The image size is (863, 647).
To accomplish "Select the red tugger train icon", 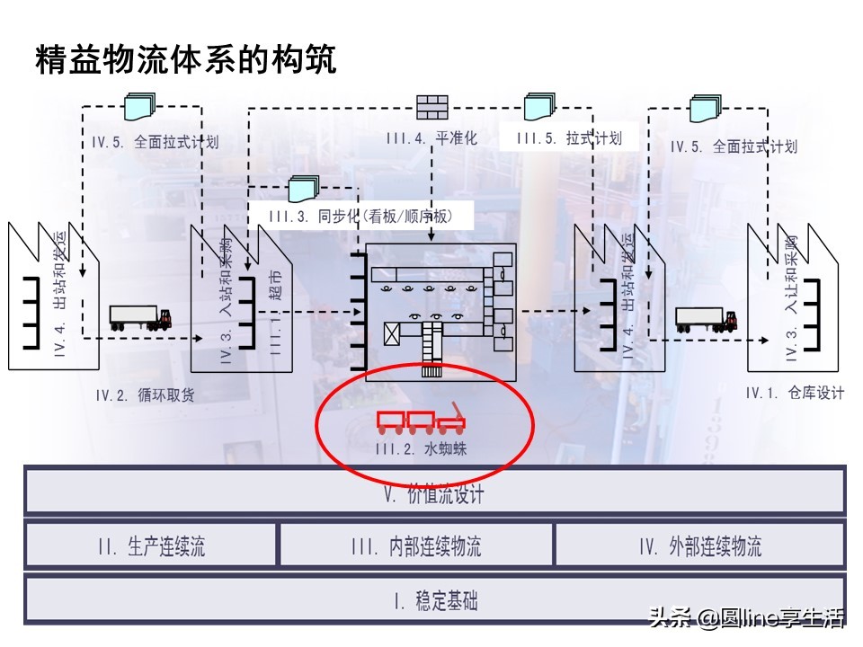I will coord(421,417).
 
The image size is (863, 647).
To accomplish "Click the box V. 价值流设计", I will coord(434,493).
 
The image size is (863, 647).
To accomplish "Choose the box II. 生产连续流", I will coord(151,545).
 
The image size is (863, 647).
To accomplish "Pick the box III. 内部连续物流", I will coord(416,545).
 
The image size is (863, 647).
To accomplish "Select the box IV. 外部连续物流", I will coord(700,545).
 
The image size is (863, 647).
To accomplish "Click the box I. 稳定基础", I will coord(434,600).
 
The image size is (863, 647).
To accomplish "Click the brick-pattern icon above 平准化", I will coord(432,107).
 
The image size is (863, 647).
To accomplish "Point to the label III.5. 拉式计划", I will coord(570,138).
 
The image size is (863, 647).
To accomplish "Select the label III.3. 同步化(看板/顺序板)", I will coord(360,217).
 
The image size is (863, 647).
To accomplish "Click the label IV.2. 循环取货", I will coord(145,394).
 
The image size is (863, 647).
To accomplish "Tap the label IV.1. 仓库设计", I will coord(795,393).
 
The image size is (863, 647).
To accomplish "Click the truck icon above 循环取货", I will coord(140,317).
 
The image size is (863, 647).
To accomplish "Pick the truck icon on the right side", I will coord(706,319).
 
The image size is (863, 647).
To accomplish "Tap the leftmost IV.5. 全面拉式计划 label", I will coord(155,142).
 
